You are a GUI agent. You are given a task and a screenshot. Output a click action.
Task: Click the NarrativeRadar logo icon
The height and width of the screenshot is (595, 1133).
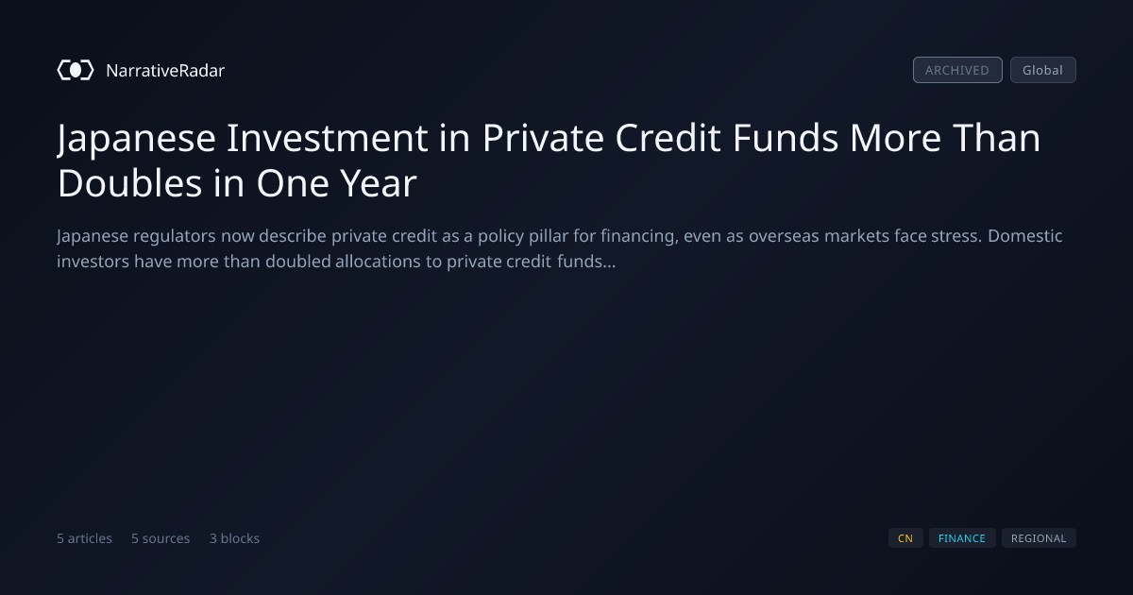click(x=76, y=70)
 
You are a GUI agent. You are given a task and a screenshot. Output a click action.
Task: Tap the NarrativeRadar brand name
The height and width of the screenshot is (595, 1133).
click(x=165, y=70)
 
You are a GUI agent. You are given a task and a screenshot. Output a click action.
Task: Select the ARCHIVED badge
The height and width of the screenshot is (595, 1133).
click(x=957, y=70)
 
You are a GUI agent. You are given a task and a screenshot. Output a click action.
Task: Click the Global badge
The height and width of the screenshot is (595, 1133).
click(x=1043, y=70)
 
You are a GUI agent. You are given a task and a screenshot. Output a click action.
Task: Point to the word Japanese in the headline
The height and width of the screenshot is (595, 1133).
click(x=137, y=139)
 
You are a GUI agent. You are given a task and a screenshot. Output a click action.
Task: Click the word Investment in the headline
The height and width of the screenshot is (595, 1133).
click(x=328, y=138)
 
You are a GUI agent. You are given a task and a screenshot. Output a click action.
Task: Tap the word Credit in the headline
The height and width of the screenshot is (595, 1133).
click(x=668, y=138)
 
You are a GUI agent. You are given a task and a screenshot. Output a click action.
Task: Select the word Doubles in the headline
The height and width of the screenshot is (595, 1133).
click(x=130, y=182)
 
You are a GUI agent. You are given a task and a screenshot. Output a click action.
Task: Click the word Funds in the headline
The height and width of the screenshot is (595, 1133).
click(x=786, y=138)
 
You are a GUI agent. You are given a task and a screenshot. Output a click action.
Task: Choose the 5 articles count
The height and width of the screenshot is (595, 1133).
click(x=84, y=538)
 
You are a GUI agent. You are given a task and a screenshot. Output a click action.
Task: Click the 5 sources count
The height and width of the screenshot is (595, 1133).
click(x=161, y=538)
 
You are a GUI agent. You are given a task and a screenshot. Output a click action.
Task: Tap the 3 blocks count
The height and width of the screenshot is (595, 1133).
click(x=235, y=538)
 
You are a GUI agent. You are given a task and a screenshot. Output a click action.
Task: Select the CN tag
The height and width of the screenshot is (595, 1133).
click(x=905, y=538)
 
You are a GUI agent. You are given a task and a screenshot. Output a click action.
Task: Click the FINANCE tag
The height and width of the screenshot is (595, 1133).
click(x=962, y=538)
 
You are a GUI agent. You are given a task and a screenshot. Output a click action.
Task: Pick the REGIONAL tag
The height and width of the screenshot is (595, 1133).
click(x=1039, y=538)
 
